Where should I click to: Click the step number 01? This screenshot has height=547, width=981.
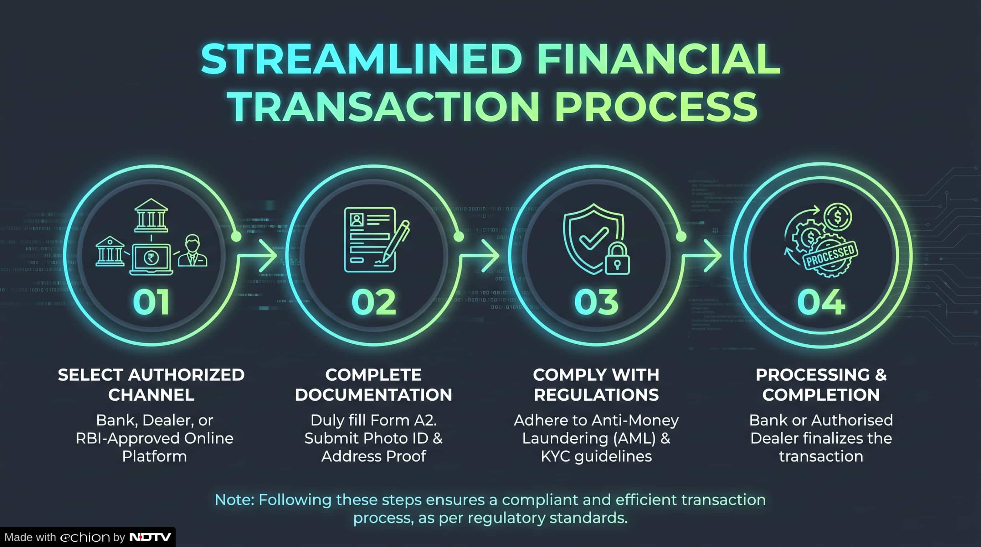(x=151, y=302)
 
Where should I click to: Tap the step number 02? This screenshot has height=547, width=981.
(x=374, y=302)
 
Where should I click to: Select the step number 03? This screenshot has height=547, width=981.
(x=596, y=302)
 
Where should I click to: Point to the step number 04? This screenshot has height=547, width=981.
(x=821, y=302)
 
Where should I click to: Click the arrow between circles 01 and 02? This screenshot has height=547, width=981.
(x=257, y=255)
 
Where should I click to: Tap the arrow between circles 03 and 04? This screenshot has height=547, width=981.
(x=702, y=255)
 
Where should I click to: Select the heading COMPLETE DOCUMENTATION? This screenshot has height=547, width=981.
(x=374, y=385)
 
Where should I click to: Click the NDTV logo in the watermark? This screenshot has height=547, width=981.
(x=150, y=537)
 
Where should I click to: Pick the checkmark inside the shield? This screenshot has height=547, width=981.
(x=593, y=238)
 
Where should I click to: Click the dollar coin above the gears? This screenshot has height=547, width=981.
(x=838, y=217)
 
